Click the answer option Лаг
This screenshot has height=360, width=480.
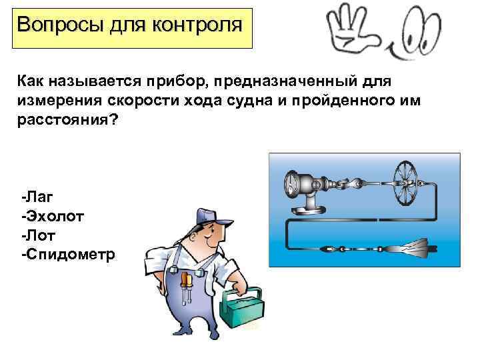37,197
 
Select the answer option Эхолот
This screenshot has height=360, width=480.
53,216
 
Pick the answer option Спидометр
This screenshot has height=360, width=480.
68,255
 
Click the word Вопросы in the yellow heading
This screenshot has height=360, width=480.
60,25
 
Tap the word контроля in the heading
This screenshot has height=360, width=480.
197,25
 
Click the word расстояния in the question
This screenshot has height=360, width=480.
67,119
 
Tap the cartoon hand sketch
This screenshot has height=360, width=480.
352,29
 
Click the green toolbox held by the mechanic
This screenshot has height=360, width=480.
242,307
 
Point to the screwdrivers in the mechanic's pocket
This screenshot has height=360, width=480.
187,286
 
